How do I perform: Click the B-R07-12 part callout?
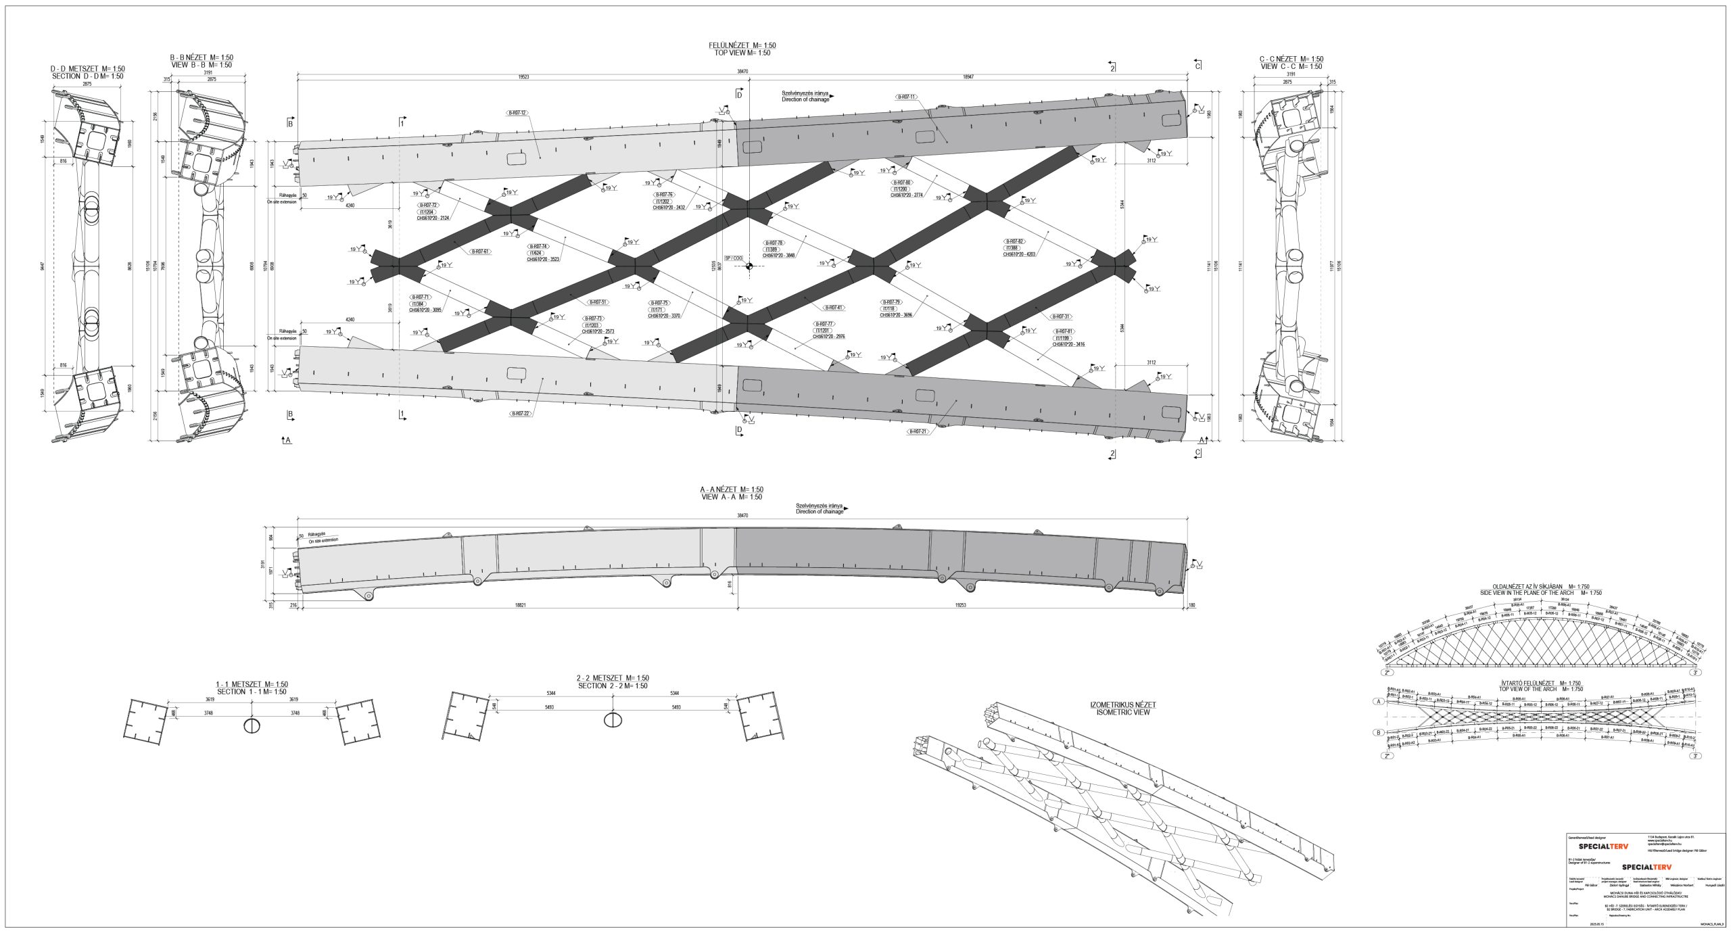click(x=517, y=112)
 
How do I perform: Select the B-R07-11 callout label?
click(x=906, y=97)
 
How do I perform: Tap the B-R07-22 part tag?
click(x=521, y=413)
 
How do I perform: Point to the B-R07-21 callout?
click(x=918, y=431)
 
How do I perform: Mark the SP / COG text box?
click(x=733, y=258)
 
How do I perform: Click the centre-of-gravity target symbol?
click(x=749, y=266)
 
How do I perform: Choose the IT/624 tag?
click(x=539, y=253)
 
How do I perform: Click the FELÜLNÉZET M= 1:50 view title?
click(x=742, y=45)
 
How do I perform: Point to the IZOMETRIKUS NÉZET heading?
click(x=1123, y=704)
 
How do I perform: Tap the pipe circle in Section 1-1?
click(x=251, y=725)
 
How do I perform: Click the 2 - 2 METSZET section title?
click(x=612, y=678)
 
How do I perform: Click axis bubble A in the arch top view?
click(x=1376, y=701)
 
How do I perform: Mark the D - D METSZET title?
click(x=88, y=69)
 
